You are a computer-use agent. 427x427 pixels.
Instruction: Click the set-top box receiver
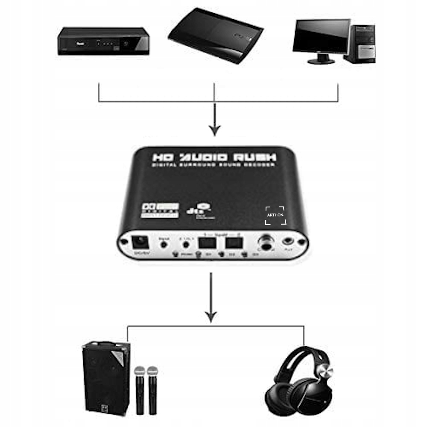(104, 41)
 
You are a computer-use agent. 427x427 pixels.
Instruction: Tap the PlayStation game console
(215, 36)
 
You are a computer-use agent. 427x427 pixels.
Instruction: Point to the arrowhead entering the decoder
(214, 130)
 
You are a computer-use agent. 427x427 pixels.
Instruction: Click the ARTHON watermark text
(275, 215)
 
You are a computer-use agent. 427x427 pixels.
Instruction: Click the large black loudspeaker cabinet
(105, 376)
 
